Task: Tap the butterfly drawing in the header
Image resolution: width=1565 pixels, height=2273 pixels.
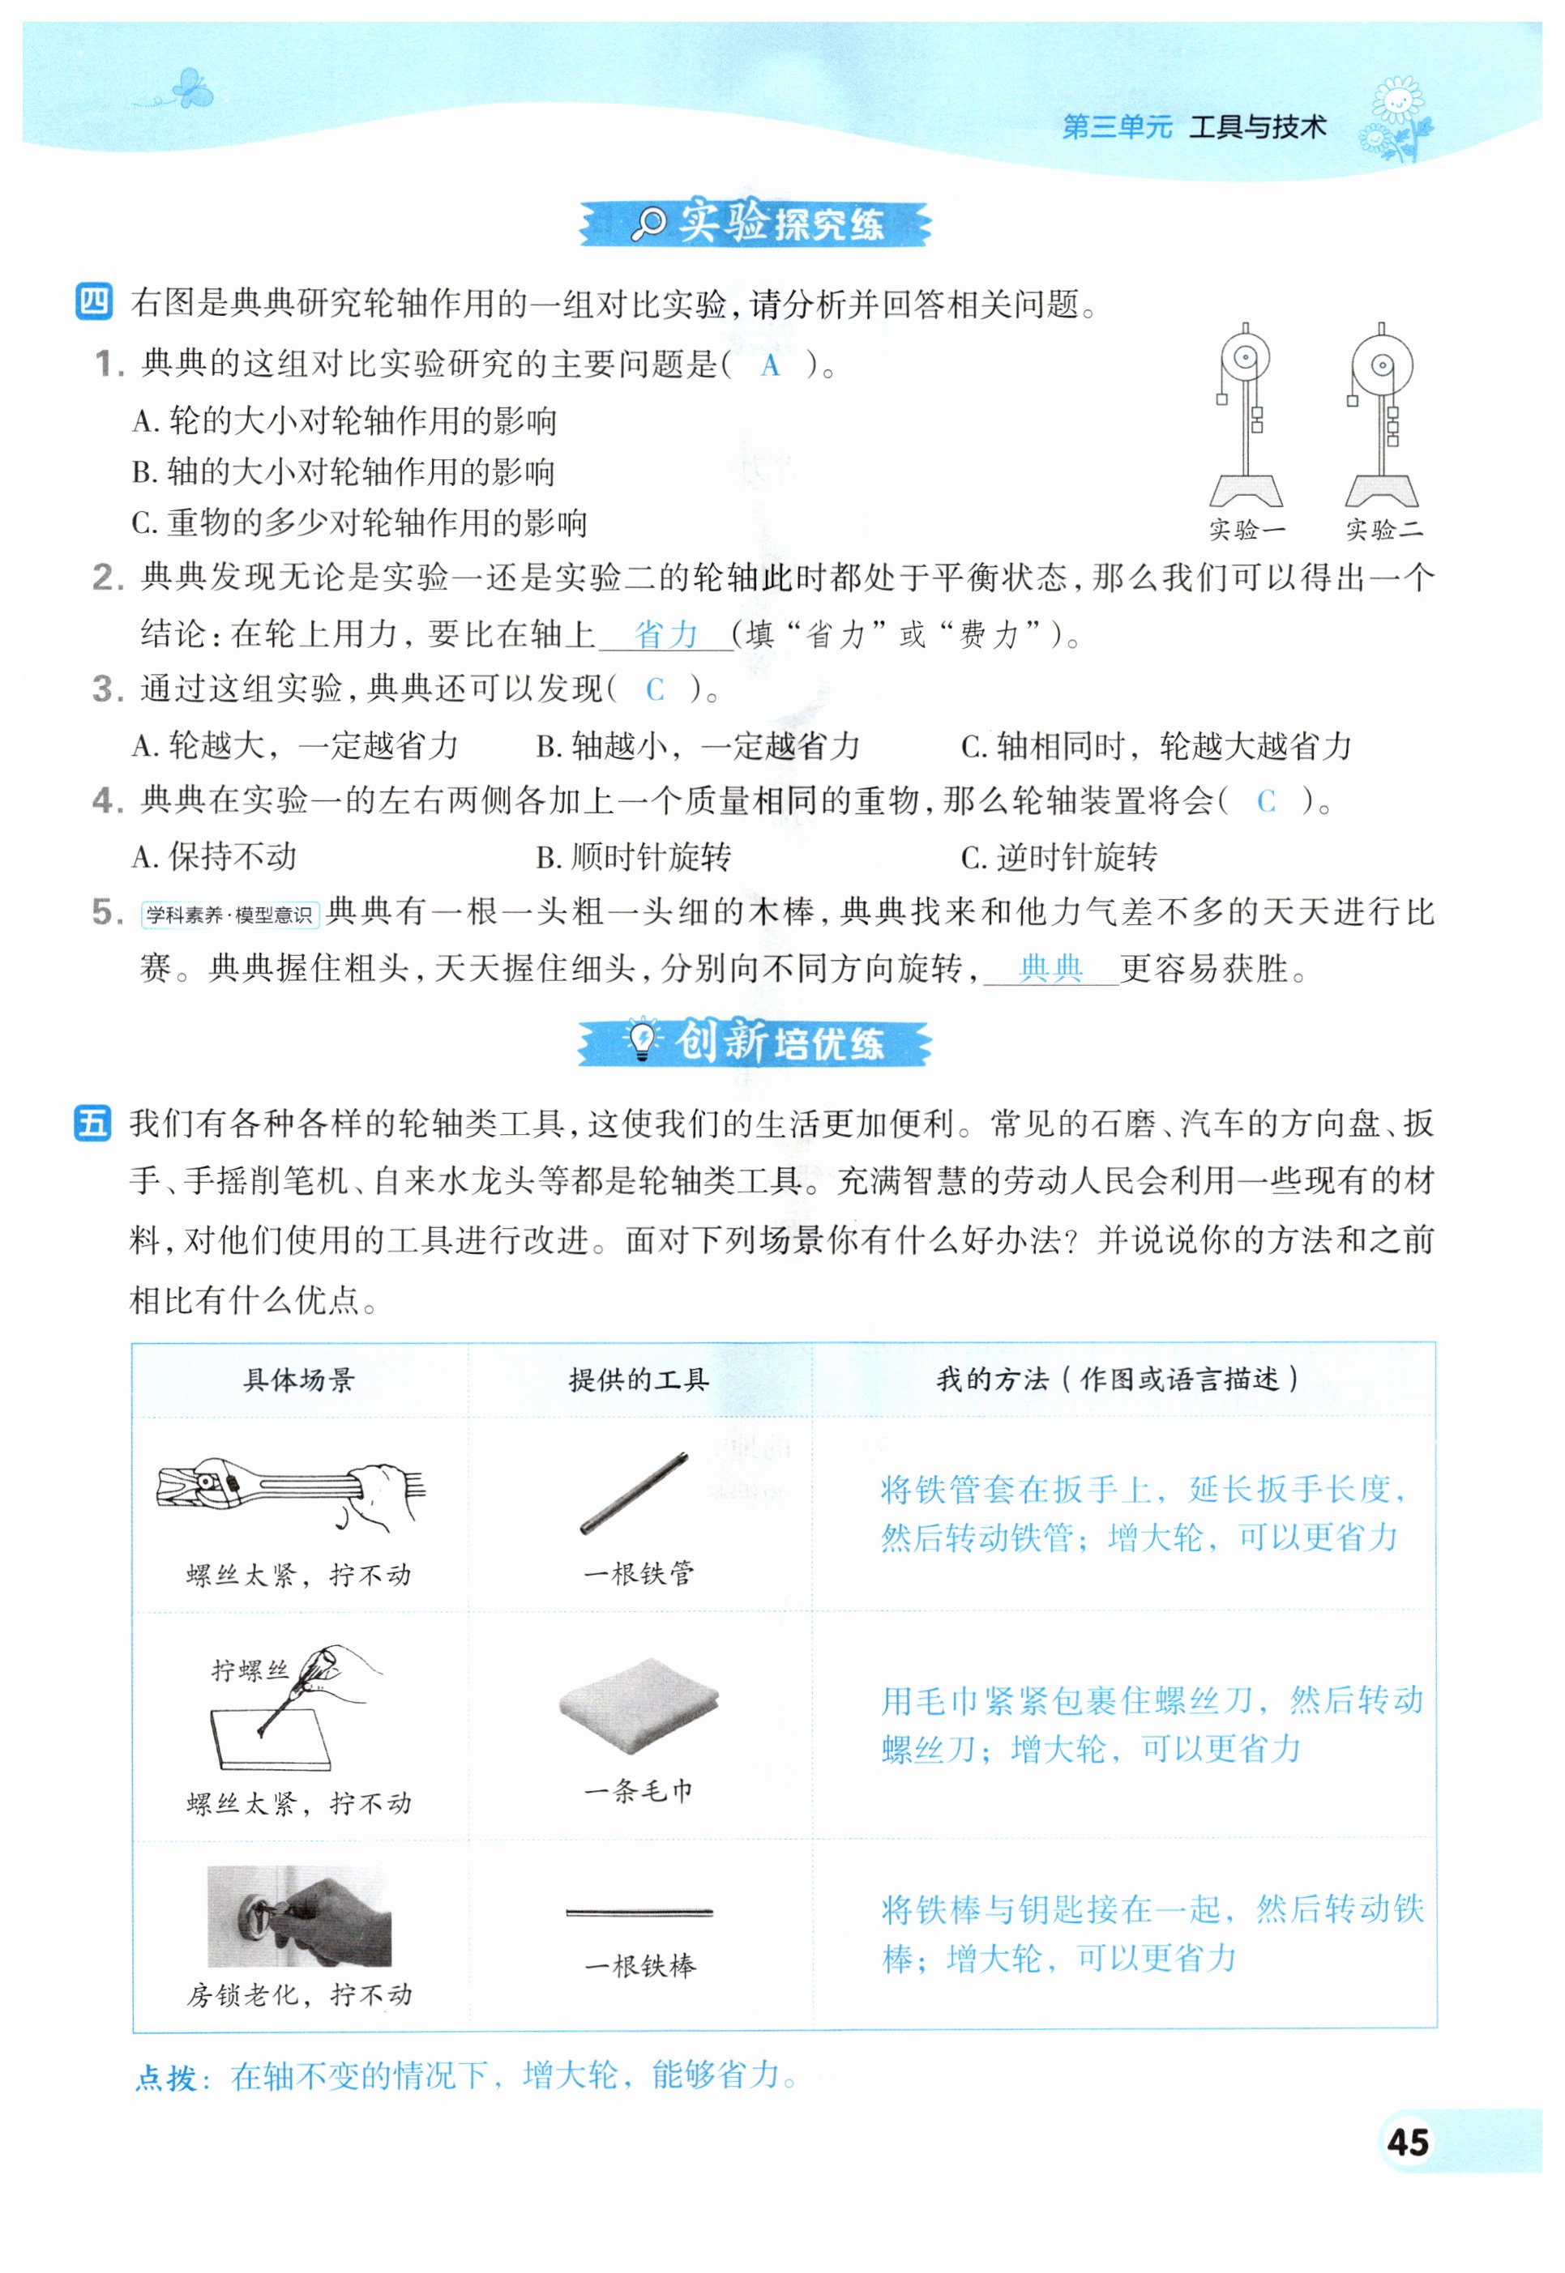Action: [190, 89]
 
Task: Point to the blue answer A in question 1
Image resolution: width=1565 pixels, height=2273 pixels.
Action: [771, 365]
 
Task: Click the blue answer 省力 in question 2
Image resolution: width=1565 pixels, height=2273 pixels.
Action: [666, 634]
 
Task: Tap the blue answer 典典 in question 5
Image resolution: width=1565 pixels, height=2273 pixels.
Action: [1050, 968]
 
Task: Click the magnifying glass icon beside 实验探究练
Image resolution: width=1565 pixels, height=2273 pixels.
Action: [648, 224]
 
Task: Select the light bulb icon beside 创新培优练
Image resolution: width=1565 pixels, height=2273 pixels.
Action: [642, 1040]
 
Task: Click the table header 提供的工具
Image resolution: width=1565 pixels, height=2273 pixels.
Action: [639, 1380]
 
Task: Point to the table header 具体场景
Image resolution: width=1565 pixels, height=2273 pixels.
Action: [298, 1380]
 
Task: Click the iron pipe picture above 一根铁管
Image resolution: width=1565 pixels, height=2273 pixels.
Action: [634, 1493]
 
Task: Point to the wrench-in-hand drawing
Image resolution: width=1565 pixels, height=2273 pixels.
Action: [291, 1493]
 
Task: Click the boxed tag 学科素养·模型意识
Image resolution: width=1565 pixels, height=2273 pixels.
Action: [229, 915]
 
